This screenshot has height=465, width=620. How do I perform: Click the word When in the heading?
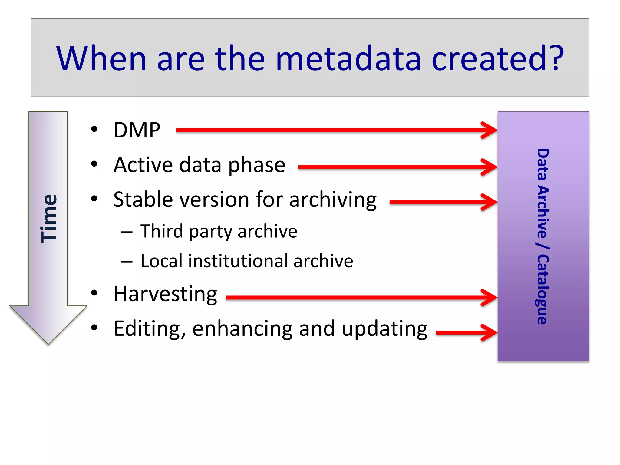pos(101,58)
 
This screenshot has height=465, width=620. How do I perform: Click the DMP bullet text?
pos(137,130)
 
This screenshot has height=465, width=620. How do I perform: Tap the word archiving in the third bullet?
pos(333,200)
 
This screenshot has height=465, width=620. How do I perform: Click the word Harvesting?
pos(165,294)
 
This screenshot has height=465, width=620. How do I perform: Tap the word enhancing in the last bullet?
pos(242,329)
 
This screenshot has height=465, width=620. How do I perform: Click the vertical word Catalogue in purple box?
pos(543,289)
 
